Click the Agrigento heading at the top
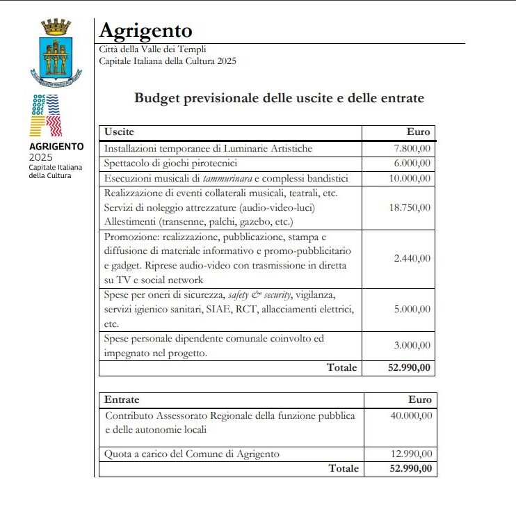[x=146, y=31]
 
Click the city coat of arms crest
[x=56, y=54]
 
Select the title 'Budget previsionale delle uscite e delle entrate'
[x=279, y=98]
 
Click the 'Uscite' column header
[x=119, y=132]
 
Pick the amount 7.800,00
[x=412, y=148]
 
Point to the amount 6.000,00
[x=412, y=163]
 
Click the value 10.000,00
[x=410, y=179]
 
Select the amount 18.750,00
[x=410, y=207]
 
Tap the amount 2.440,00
[x=412, y=258]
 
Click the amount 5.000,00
[x=412, y=310]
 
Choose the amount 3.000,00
[x=412, y=346]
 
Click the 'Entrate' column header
[x=122, y=400]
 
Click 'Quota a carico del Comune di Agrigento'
[x=192, y=454]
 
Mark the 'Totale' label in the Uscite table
[x=342, y=367]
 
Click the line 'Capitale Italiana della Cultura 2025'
[x=168, y=61]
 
